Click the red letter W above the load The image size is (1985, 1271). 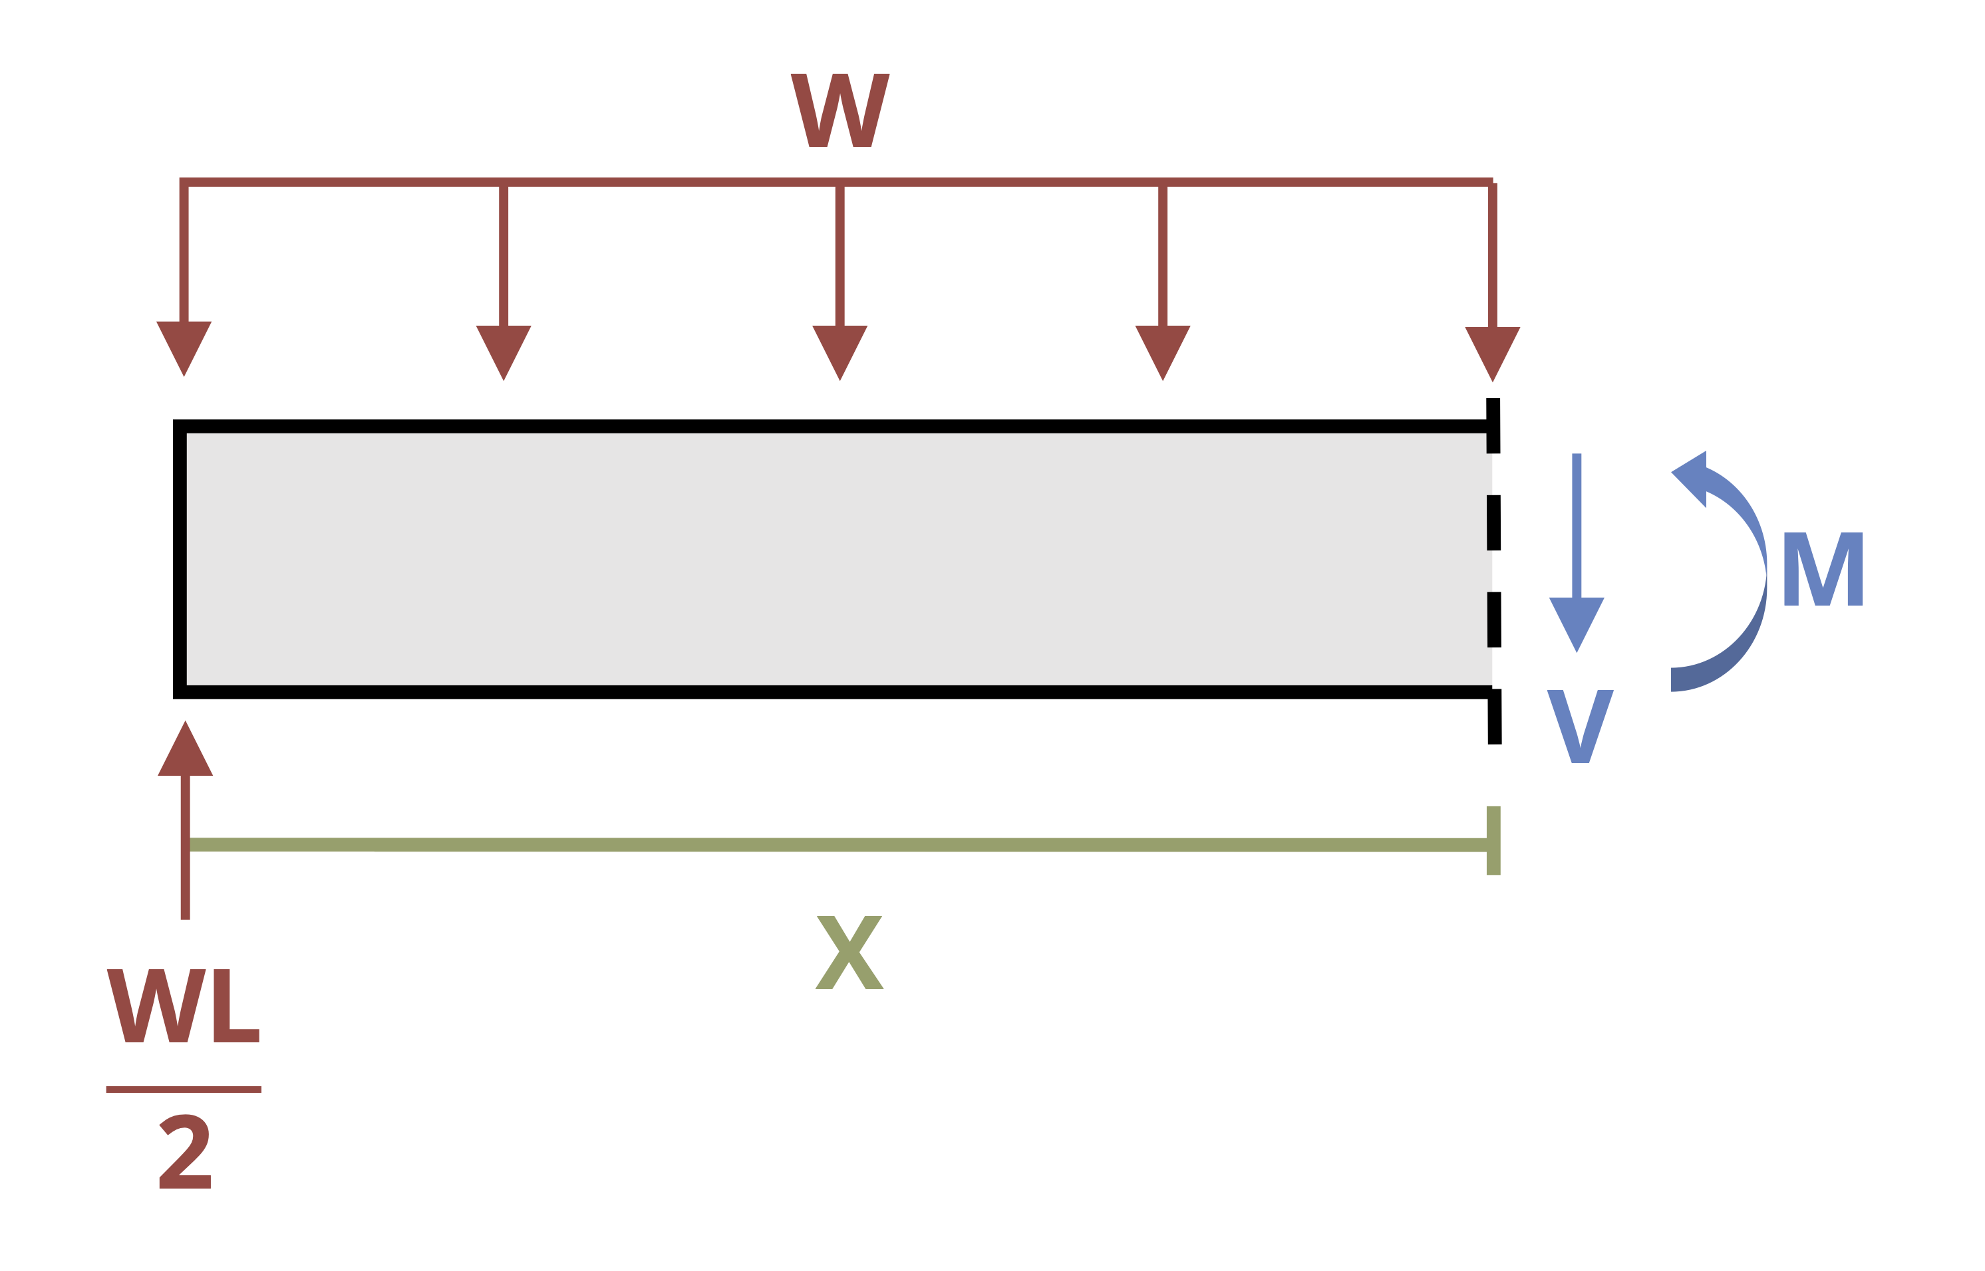(840, 110)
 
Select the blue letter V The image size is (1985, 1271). (1581, 727)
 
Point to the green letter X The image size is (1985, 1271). (849, 953)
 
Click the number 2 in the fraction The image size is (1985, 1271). (184, 1152)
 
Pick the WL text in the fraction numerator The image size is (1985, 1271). (184, 1006)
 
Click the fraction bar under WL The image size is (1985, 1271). (184, 1090)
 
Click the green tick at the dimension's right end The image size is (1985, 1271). (1493, 840)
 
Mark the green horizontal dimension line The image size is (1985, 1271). (838, 844)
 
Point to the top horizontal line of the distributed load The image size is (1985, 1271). (836, 182)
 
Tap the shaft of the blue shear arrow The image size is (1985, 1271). (1577, 526)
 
